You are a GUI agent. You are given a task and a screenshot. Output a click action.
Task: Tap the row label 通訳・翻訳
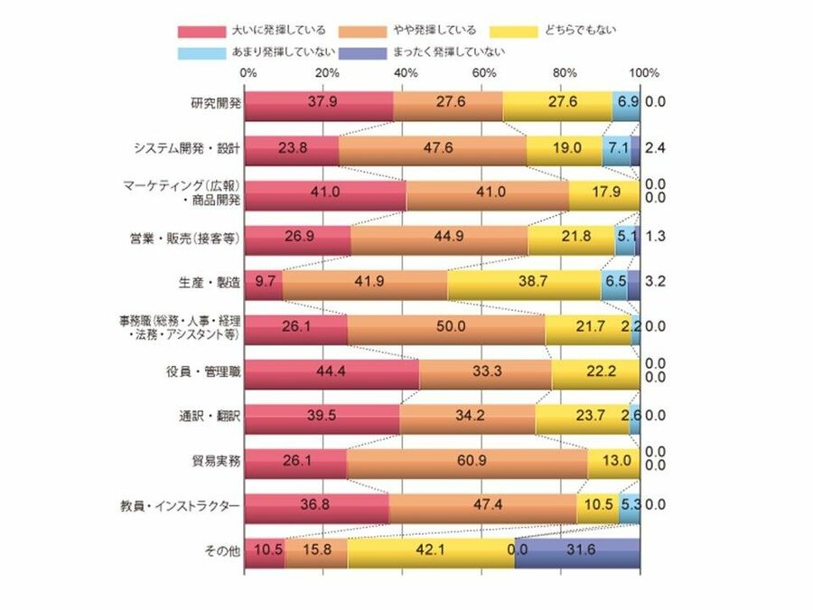210,415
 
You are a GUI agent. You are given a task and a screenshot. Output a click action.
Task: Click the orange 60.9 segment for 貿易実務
467,461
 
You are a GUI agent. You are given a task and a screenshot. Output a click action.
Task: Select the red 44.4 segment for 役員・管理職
332,371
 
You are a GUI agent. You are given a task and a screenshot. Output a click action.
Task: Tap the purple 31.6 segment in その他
578,550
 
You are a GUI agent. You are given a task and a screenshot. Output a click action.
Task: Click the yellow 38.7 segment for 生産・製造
524,282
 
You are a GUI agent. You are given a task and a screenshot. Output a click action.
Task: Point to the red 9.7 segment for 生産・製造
264,282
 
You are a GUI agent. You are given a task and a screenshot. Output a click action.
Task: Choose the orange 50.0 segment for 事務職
446,326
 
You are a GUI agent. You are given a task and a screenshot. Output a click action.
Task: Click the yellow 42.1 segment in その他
430,550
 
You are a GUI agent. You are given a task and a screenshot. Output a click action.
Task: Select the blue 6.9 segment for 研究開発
626,103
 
